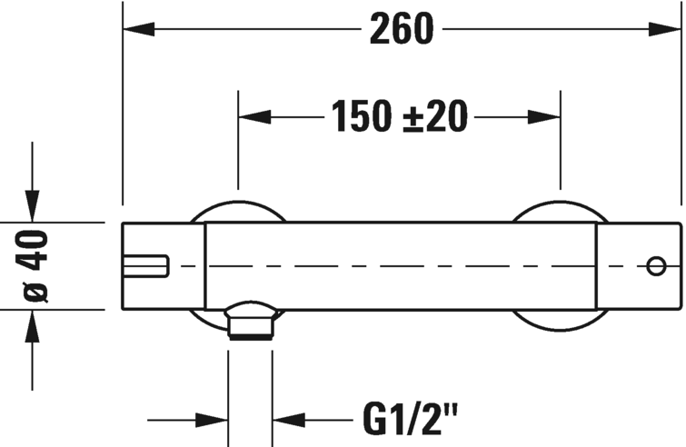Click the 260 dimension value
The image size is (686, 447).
click(x=402, y=29)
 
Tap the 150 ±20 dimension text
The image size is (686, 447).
click(x=400, y=116)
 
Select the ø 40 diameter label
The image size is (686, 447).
click(x=32, y=265)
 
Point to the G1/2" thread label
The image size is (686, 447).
click(x=410, y=420)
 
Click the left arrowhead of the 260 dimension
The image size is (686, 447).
click(x=139, y=29)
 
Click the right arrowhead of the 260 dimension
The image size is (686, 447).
click(x=665, y=29)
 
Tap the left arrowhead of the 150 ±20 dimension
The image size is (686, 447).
click(x=254, y=117)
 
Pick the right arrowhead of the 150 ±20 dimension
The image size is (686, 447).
click(x=544, y=117)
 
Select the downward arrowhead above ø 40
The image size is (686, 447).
click(x=32, y=206)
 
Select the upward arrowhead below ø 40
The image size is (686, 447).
click(x=32, y=326)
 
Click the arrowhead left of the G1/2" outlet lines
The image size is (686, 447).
click(x=212, y=421)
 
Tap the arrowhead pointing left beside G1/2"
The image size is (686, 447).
click(x=289, y=421)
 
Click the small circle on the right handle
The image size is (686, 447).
click(x=656, y=266)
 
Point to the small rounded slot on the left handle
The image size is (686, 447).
click(x=145, y=266)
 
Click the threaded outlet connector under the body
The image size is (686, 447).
click(x=251, y=320)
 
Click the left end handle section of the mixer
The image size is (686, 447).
click(x=164, y=266)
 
